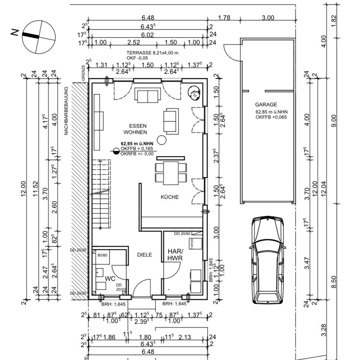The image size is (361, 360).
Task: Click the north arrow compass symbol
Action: [38, 37]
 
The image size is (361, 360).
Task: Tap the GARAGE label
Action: [266, 105]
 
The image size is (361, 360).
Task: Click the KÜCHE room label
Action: [170, 197]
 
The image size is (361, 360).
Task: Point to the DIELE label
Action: [144, 255]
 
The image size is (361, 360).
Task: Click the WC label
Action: [110, 279]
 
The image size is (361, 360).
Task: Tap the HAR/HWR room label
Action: [175, 254]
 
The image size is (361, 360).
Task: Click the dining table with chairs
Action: [171, 172]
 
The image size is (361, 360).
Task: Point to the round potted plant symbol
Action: [194, 93]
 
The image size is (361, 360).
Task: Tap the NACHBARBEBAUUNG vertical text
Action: [66, 111]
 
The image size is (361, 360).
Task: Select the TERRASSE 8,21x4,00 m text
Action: [152, 53]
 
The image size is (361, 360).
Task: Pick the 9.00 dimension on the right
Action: [334, 121]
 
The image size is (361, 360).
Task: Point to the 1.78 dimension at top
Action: [224, 18]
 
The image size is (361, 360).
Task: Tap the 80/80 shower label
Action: [103, 255]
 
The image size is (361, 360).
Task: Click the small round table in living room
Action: [162, 140]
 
